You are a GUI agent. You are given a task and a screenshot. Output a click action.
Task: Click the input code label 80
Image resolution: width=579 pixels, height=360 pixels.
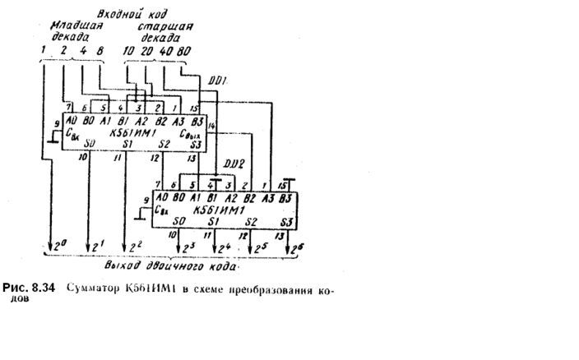click(185, 51)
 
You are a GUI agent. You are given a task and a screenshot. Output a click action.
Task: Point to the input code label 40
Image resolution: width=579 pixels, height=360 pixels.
click(165, 51)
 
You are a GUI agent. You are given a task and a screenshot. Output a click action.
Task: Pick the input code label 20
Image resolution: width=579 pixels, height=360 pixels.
click(148, 51)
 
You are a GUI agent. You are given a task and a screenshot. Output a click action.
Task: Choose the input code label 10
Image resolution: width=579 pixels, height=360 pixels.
click(128, 51)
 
